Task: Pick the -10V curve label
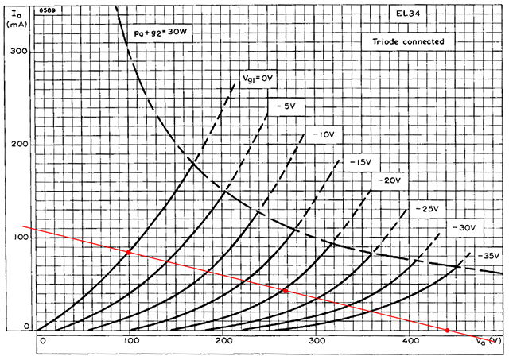coord(324,135)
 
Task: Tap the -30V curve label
coord(462,227)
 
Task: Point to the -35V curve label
coord(488,256)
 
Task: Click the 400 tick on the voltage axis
coord(410,341)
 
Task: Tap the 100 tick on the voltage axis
coord(130,341)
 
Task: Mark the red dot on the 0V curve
coord(128,253)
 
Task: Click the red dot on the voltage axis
coord(448,330)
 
